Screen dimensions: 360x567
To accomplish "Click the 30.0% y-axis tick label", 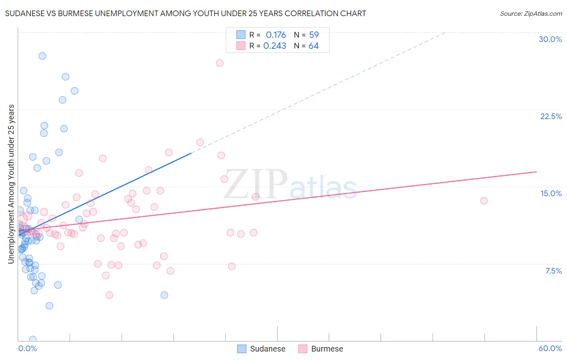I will pyautogui.click(x=550, y=39).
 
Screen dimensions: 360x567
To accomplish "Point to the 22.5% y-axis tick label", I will pyautogui.click(x=551, y=116).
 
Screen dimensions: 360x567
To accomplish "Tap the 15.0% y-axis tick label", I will pyautogui.click(x=551, y=193).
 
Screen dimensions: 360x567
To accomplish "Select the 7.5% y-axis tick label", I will pyautogui.click(x=553, y=271).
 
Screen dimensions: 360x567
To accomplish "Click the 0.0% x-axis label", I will pyautogui.click(x=27, y=348).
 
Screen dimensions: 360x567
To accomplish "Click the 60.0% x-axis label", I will pyautogui.click(x=550, y=348).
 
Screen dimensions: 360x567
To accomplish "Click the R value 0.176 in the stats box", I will pyautogui.click(x=276, y=35).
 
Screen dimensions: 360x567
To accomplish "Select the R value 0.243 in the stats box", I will pyautogui.click(x=275, y=46).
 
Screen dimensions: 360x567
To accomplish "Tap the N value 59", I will pyautogui.click(x=314, y=35).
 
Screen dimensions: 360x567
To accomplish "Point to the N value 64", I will pyautogui.click(x=314, y=46).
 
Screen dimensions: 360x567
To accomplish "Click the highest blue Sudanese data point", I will pyautogui.click(x=42, y=56).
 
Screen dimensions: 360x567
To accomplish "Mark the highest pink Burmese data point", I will pyautogui.click(x=220, y=63).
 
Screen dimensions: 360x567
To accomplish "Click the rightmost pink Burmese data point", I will pyautogui.click(x=484, y=201).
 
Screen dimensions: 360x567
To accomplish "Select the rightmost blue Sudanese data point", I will pyautogui.click(x=164, y=295).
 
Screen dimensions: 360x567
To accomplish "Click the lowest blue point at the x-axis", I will pyautogui.click(x=33, y=339).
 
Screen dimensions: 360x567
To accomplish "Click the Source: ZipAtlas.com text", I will pyautogui.click(x=531, y=14).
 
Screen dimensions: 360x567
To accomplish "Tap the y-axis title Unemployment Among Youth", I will pyautogui.click(x=11, y=184).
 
